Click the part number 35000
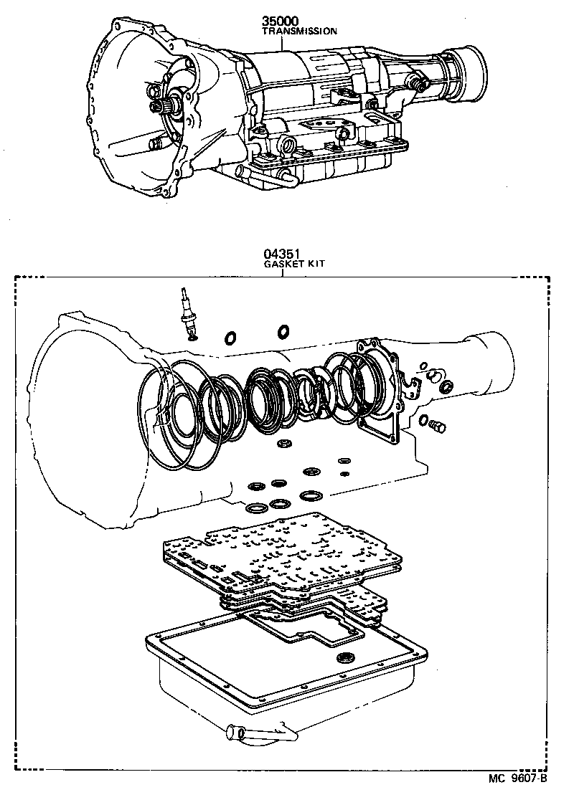pos(282,22)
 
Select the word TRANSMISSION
pos(299,32)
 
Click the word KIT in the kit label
pos(316,264)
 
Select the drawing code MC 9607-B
pos(517,778)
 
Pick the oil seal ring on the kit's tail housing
pos(446,388)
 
